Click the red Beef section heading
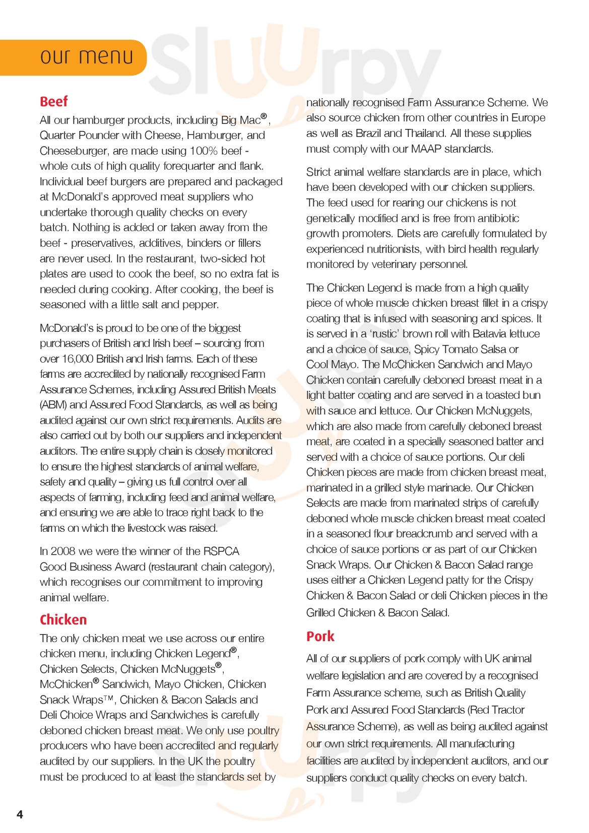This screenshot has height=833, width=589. (x=53, y=102)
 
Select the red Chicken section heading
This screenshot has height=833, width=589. (x=63, y=619)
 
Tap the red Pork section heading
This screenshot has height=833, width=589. (x=320, y=636)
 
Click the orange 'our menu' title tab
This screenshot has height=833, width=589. (x=87, y=57)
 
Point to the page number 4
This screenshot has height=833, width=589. (x=20, y=814)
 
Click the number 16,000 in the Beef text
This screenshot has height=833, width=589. (x=77, y=359)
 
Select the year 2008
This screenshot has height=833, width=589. (x=63, y=551)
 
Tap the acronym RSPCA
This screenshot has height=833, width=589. (x=221, y=551)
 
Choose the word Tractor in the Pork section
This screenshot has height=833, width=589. (x=506, y=710)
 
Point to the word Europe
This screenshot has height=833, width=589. (x=528, y=118)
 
